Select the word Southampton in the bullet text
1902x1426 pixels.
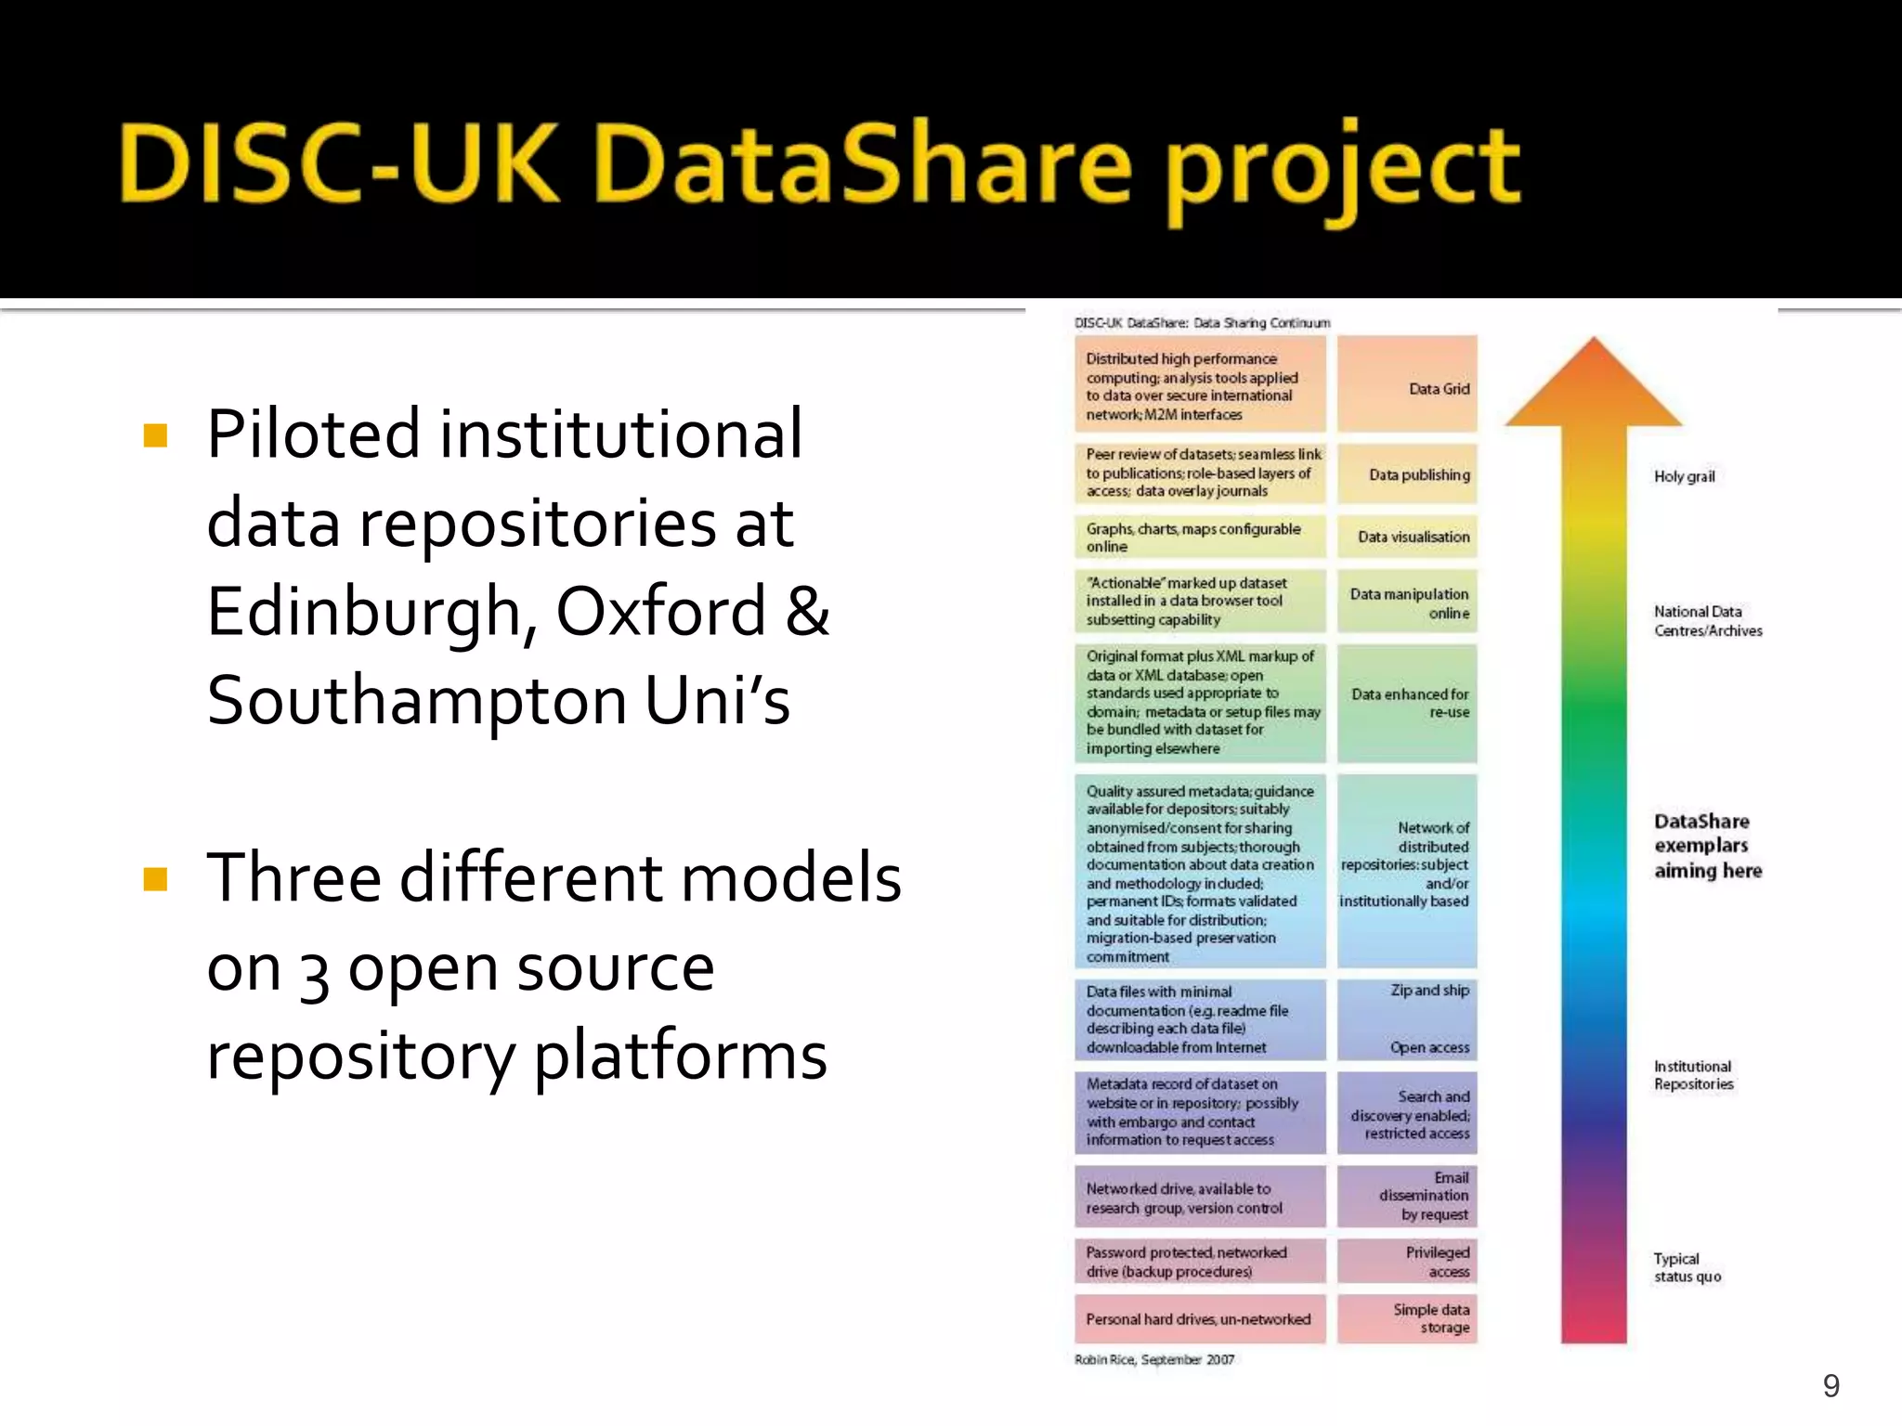pos(416,701)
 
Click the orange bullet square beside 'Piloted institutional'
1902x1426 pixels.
pos(156,435)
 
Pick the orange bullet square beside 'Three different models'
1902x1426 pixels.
pos(156,879)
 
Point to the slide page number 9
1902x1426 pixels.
pos(1830,1386)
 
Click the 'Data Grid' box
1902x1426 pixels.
pos(1407,384)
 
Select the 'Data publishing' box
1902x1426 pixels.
pos(1407,475)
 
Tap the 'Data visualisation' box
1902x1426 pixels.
pos(1407,537)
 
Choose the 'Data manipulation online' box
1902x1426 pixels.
pos(1407,603)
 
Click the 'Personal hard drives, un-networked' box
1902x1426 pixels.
pos(1200,1319)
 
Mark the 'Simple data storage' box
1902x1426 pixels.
pos(1407,1319)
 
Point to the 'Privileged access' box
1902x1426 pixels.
pos(1407,1262)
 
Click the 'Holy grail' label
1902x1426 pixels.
pos(1684,476)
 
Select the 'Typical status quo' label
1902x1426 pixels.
pos(1687,1268)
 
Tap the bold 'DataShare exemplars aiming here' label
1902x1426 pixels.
pos(1707,846)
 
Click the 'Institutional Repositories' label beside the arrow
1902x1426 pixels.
pos(1693,1075)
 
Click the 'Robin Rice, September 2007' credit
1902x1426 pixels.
pos(1154,1360)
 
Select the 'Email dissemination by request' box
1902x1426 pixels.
pos(1407,1197)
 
